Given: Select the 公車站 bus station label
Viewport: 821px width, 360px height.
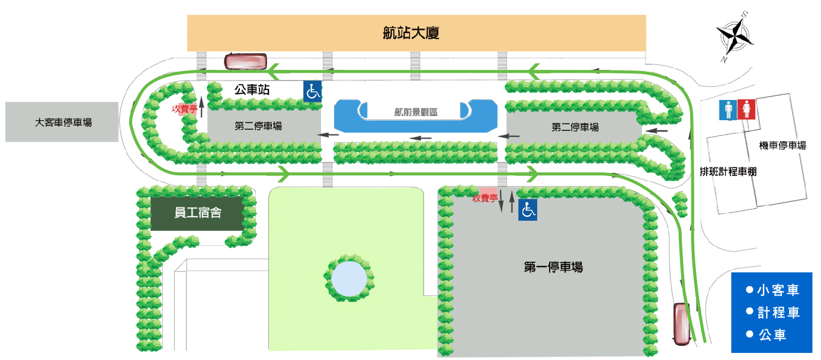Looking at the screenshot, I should coord(252,90).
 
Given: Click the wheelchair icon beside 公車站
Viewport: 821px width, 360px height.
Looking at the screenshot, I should coord(313,92).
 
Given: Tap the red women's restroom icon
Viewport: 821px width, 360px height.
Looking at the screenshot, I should coord(746,110).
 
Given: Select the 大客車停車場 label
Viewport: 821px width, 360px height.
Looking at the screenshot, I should coord(63,123).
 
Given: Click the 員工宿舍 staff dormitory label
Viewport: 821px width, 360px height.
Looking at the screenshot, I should coord(198,213).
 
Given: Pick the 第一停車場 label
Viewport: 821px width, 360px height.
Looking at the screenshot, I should coord(553,267).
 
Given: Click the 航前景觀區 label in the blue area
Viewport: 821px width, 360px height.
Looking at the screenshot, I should coord(415,112).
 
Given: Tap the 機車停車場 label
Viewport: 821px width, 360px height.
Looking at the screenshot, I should coord(782,145).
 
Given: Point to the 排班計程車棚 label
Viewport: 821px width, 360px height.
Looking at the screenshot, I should coord(728,172).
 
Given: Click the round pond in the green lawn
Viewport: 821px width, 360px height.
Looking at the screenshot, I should coord(349,278).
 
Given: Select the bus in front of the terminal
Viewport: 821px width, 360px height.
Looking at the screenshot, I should coord(245,61).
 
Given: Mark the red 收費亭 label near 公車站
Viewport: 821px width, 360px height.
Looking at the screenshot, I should coord(185,109).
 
